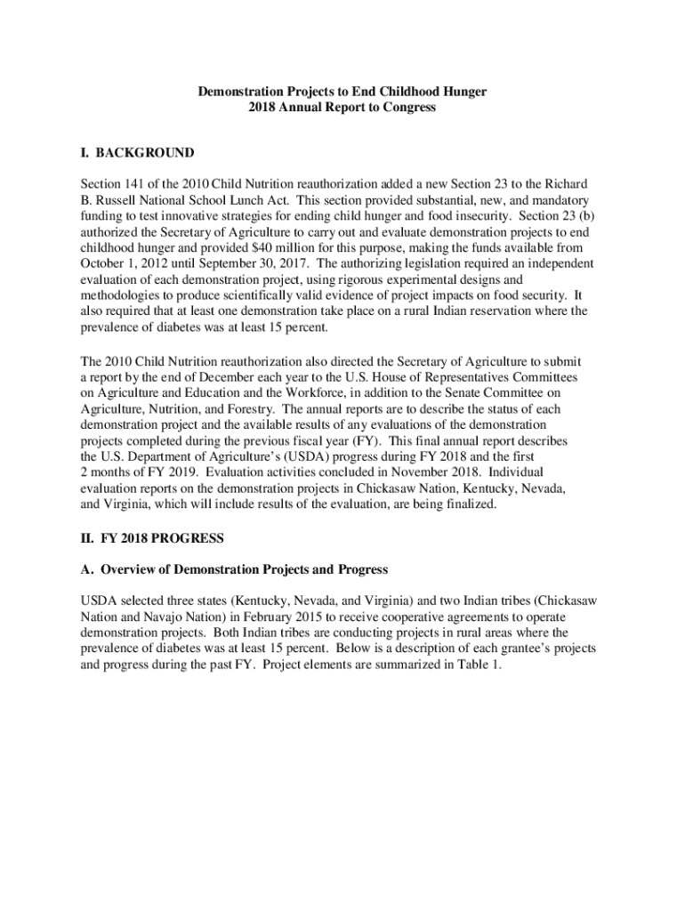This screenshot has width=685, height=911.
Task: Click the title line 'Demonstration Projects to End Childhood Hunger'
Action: pos(342,91)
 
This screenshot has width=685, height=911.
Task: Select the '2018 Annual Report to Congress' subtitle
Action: pos(342,108)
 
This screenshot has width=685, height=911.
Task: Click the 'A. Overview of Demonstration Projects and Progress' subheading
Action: pos(234,569)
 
